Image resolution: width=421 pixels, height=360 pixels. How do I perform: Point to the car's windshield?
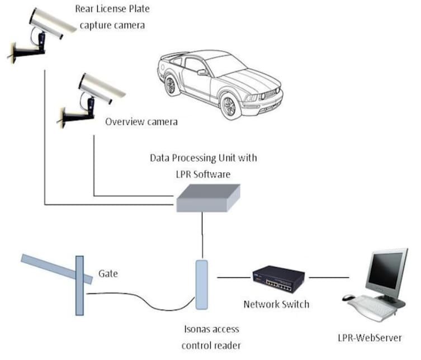pos(229,66)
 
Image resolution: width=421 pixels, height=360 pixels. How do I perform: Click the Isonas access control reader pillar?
pos(201,283)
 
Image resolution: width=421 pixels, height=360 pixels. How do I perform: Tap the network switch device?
pos(277,277)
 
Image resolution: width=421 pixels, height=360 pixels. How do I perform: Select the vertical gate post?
pos(79,293)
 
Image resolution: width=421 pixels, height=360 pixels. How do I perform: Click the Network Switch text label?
pos(276,305)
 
